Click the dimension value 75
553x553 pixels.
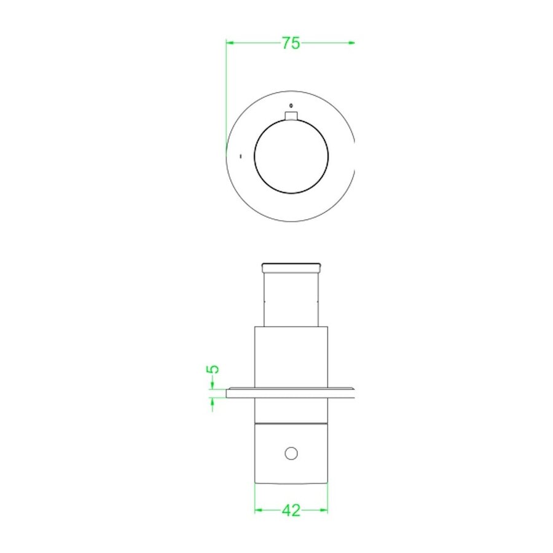click(x=291, y=43)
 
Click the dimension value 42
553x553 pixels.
click(x=291, y=510)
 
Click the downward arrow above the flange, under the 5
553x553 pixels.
click(x=213, y=385)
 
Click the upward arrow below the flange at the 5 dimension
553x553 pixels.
click(x=213, y=401)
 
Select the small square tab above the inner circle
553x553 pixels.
click(x=291, y=116)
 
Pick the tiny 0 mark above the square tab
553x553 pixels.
click(x=291, y=104)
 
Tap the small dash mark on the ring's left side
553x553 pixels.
click(x=240, y=156)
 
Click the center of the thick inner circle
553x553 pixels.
click(x=291, y=156)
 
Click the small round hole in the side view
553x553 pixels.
click(x=291, y=454)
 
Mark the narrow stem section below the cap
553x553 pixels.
click(x=291, y=299)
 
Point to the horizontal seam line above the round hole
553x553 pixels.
click(x=291, y=424)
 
